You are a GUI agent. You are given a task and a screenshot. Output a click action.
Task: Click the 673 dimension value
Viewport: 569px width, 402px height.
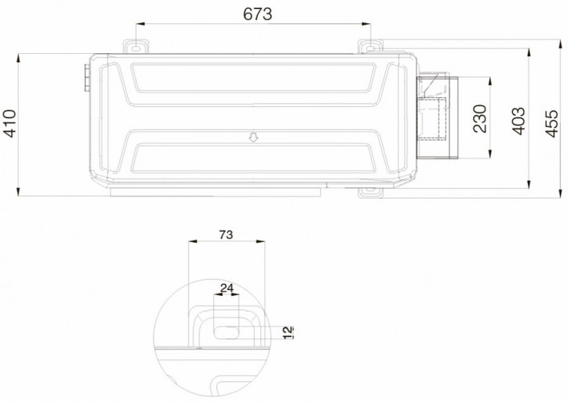(253, 14)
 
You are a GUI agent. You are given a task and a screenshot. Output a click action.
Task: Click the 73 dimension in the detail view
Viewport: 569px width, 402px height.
(226, 235)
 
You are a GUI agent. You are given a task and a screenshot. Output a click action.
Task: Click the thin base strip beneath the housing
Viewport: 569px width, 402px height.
(217, 190)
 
